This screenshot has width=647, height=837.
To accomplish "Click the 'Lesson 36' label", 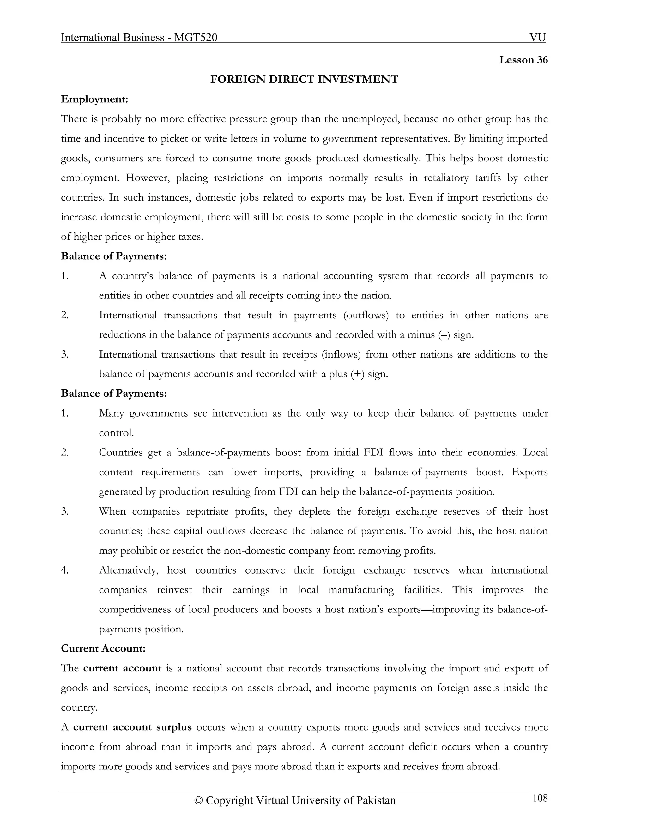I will point(523,60).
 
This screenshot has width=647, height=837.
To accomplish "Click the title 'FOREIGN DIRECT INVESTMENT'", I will point(304,79).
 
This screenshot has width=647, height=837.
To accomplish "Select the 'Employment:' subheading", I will point(94,99).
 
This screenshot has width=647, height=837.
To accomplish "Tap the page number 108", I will point(540,798).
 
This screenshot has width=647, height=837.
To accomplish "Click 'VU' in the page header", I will point(537,38).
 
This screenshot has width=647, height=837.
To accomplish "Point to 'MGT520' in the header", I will point(196,38).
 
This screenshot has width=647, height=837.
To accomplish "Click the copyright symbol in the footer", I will point(198,801).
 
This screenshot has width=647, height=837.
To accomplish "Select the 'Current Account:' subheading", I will point(103,648).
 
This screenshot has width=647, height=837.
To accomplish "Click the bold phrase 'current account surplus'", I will point(132,727).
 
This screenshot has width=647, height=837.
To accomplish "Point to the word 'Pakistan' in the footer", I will point(376,801).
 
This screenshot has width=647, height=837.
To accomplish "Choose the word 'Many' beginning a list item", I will point(111,413).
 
